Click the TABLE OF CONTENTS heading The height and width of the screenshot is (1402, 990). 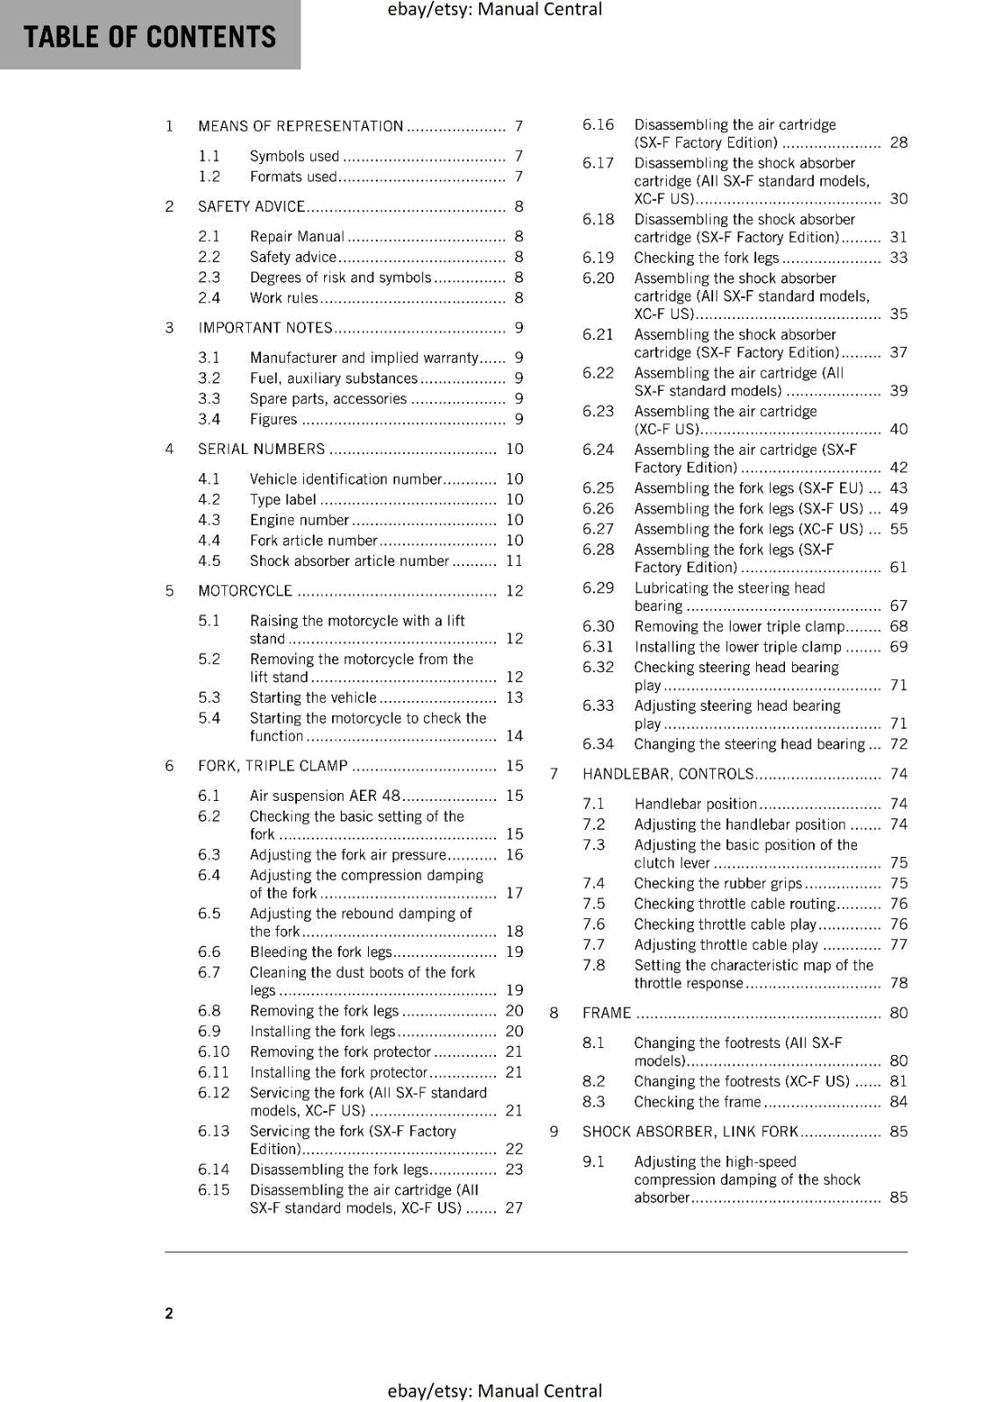pos(150,37)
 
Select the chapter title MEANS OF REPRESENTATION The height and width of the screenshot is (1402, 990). pos(301,126)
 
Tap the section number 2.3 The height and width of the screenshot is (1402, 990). pos(209,278)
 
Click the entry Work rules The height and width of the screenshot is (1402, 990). pos(284,298)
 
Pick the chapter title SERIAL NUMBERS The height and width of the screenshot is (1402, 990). pos(261,450)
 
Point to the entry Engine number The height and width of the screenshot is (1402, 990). pos(299,520)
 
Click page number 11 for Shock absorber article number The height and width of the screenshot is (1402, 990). pos(514,561)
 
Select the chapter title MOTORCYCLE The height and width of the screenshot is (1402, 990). pos(245,591)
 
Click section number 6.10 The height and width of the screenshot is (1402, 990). pos(214,1052)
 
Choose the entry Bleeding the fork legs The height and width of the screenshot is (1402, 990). pos(321,952)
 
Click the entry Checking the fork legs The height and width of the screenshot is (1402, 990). pos(706,258)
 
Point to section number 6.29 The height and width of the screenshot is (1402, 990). pos(598,588)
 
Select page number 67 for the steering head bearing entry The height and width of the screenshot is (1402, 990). pos(899,606)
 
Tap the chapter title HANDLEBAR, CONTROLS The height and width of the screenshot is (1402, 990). pos(668,775)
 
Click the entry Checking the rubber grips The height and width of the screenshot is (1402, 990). pos(718,884)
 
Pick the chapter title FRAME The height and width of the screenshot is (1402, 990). pos(606,1014)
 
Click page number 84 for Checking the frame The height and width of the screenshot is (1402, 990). pos(899,1102)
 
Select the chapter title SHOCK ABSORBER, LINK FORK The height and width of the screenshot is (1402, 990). pos(690,1132)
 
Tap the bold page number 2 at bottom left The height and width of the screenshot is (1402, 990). pos(169,1313)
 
